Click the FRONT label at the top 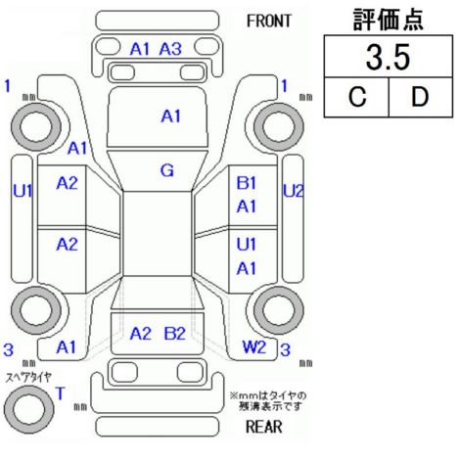coord(268,22)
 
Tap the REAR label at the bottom coord(263,427)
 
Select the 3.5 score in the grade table coord(388,58)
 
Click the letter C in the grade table coord(357,97)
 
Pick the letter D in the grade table coord(420,97)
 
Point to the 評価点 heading coord(389,20)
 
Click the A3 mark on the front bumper coord(170,49)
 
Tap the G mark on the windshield coord(167,170)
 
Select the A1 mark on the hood coord(170,116)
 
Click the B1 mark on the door coord(247,183)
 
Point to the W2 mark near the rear coord(254,347)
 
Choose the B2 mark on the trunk coord(174,334)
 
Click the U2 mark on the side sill coord(294,191)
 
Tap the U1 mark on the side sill coord(23,191)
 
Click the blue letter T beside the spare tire coord(61,393)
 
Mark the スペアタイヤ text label coord(28,378)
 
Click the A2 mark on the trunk coord(140,334)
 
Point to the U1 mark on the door coord(247,245)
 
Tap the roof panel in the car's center coord(158,234)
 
